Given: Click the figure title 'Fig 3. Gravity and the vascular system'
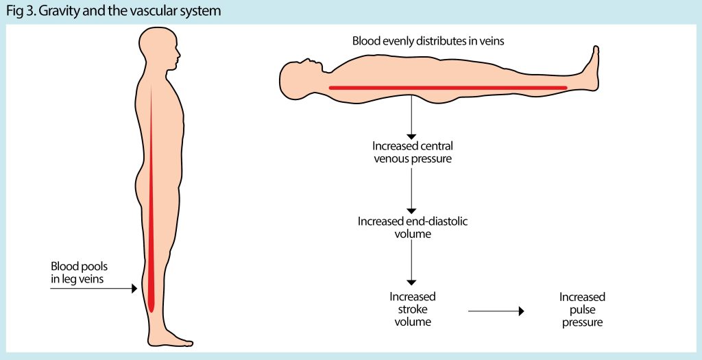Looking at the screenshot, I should (x=113, y=12).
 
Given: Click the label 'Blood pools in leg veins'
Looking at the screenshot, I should (x=80, y=272).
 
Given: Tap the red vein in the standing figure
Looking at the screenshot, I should (x=151, y=206).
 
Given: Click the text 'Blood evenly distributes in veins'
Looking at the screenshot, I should (x=428, y=41).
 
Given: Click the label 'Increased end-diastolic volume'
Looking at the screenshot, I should (x=413, y=228).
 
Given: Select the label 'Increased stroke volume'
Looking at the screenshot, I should (x=413, y=309).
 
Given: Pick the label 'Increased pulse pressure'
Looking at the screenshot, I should (x=582, y=309).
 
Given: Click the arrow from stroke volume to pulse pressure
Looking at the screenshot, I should (x=496, y=311).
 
